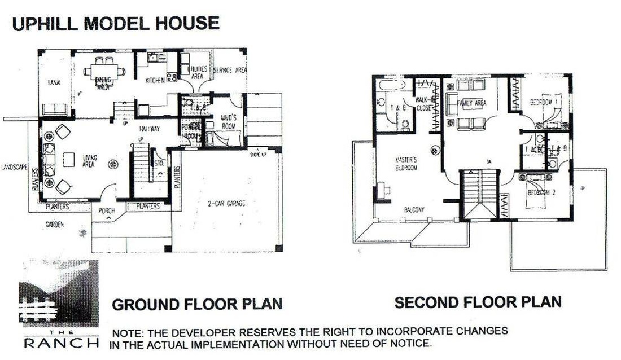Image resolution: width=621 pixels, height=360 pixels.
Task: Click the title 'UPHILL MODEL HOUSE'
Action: click(115, 24)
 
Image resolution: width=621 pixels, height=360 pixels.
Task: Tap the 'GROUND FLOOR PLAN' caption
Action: click(196, 305)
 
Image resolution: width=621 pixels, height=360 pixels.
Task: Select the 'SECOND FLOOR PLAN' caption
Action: click(478, 302)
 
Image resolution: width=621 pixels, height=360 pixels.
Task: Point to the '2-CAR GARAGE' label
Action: click(226, 203)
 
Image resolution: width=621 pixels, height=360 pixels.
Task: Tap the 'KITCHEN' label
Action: click(155, 81)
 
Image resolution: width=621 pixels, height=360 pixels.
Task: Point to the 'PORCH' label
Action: click(106, 211)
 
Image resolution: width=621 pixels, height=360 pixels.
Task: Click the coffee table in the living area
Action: click(69, 160)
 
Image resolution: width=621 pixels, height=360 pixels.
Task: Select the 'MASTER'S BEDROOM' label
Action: click(405, 164)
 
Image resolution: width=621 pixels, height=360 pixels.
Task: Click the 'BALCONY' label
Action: click(414, 210)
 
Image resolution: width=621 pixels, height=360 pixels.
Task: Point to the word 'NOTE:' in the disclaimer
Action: click(128, 331)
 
